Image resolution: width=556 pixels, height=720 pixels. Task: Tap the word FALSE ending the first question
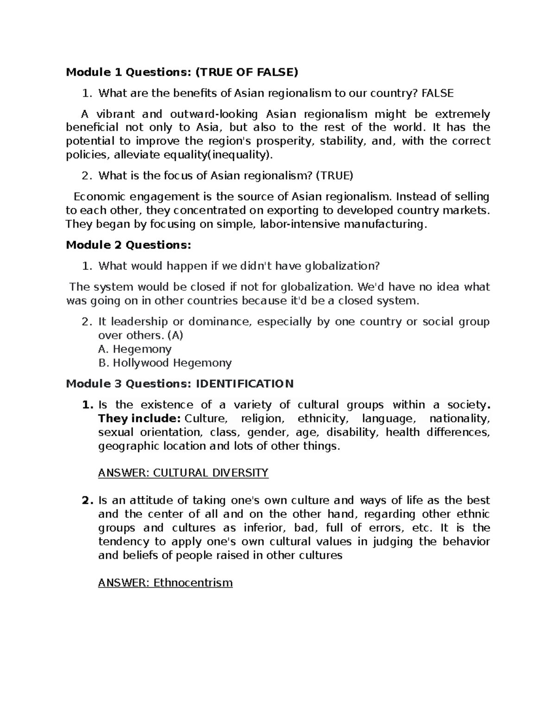click(x=437, y=93)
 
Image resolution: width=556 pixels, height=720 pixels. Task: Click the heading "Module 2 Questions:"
click(x=128, y=245)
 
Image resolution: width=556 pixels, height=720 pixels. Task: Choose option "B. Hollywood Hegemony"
click(x=165, y=363)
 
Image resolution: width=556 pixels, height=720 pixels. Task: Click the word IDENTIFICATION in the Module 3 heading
click(x=245, y=384)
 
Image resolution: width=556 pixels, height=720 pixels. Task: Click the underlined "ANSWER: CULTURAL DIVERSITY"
click(x=183, y=473)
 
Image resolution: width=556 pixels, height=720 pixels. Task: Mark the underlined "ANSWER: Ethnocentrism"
click(x=165, y=582)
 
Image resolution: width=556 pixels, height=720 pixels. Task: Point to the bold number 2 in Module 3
click(x=85, y=501)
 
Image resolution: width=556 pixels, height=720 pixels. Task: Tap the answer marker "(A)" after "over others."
click(x=174, y=335)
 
